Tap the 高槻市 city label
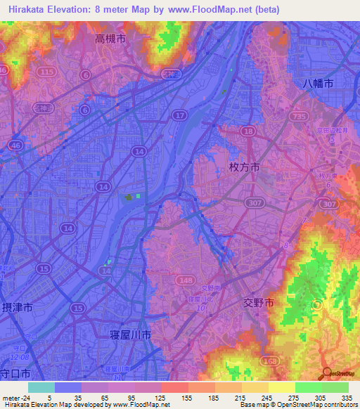tap(110, 40)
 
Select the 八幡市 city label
tap(317, 82)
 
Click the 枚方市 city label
tap(245, 167)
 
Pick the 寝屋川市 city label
tap(131, 336)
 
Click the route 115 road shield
tap(47, 72)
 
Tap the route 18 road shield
tap(248, 131)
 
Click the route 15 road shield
tap(44, 268)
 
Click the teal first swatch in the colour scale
tap(41, 387)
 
